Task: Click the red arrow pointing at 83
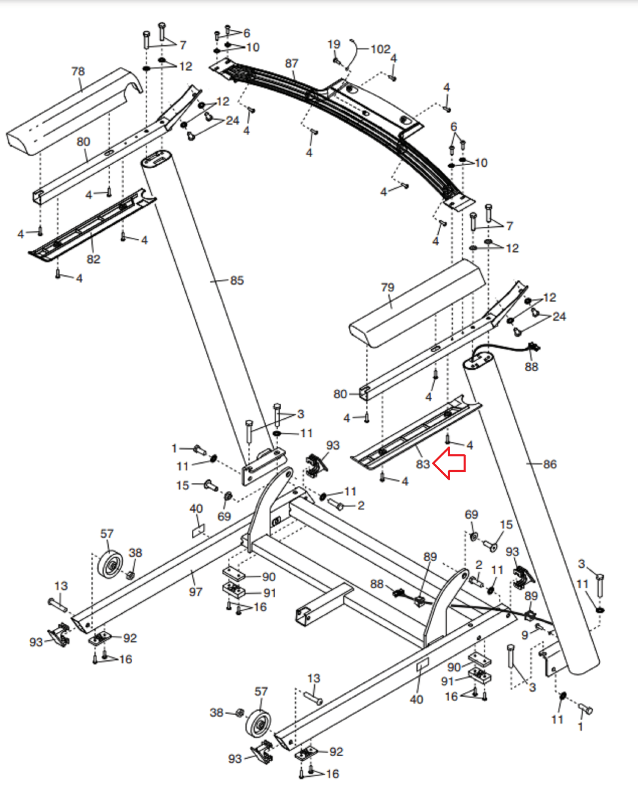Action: [x=450, y=463]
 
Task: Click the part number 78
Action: [x=78, y=71]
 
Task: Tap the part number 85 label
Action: [x=237, y=280]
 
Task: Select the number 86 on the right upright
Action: [x=550, y=464]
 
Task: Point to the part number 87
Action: [x=292, y=64]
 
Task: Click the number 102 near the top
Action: [x=381, y=49]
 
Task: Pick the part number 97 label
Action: [x=195, y=592]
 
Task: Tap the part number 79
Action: [x=388, y=287]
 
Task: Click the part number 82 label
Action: [x=93, y=259]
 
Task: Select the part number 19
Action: [x=334, y=45]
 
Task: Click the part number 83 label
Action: [x=423, y=464]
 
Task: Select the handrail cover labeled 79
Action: [x=417, y=303]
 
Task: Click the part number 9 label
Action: [x=525, y=635]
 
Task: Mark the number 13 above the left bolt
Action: [x=61, y=586]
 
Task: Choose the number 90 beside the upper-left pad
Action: [x=269, y=577]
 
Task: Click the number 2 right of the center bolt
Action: [x=361, y=505]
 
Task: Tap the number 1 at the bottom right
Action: [x=580, y=727]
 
